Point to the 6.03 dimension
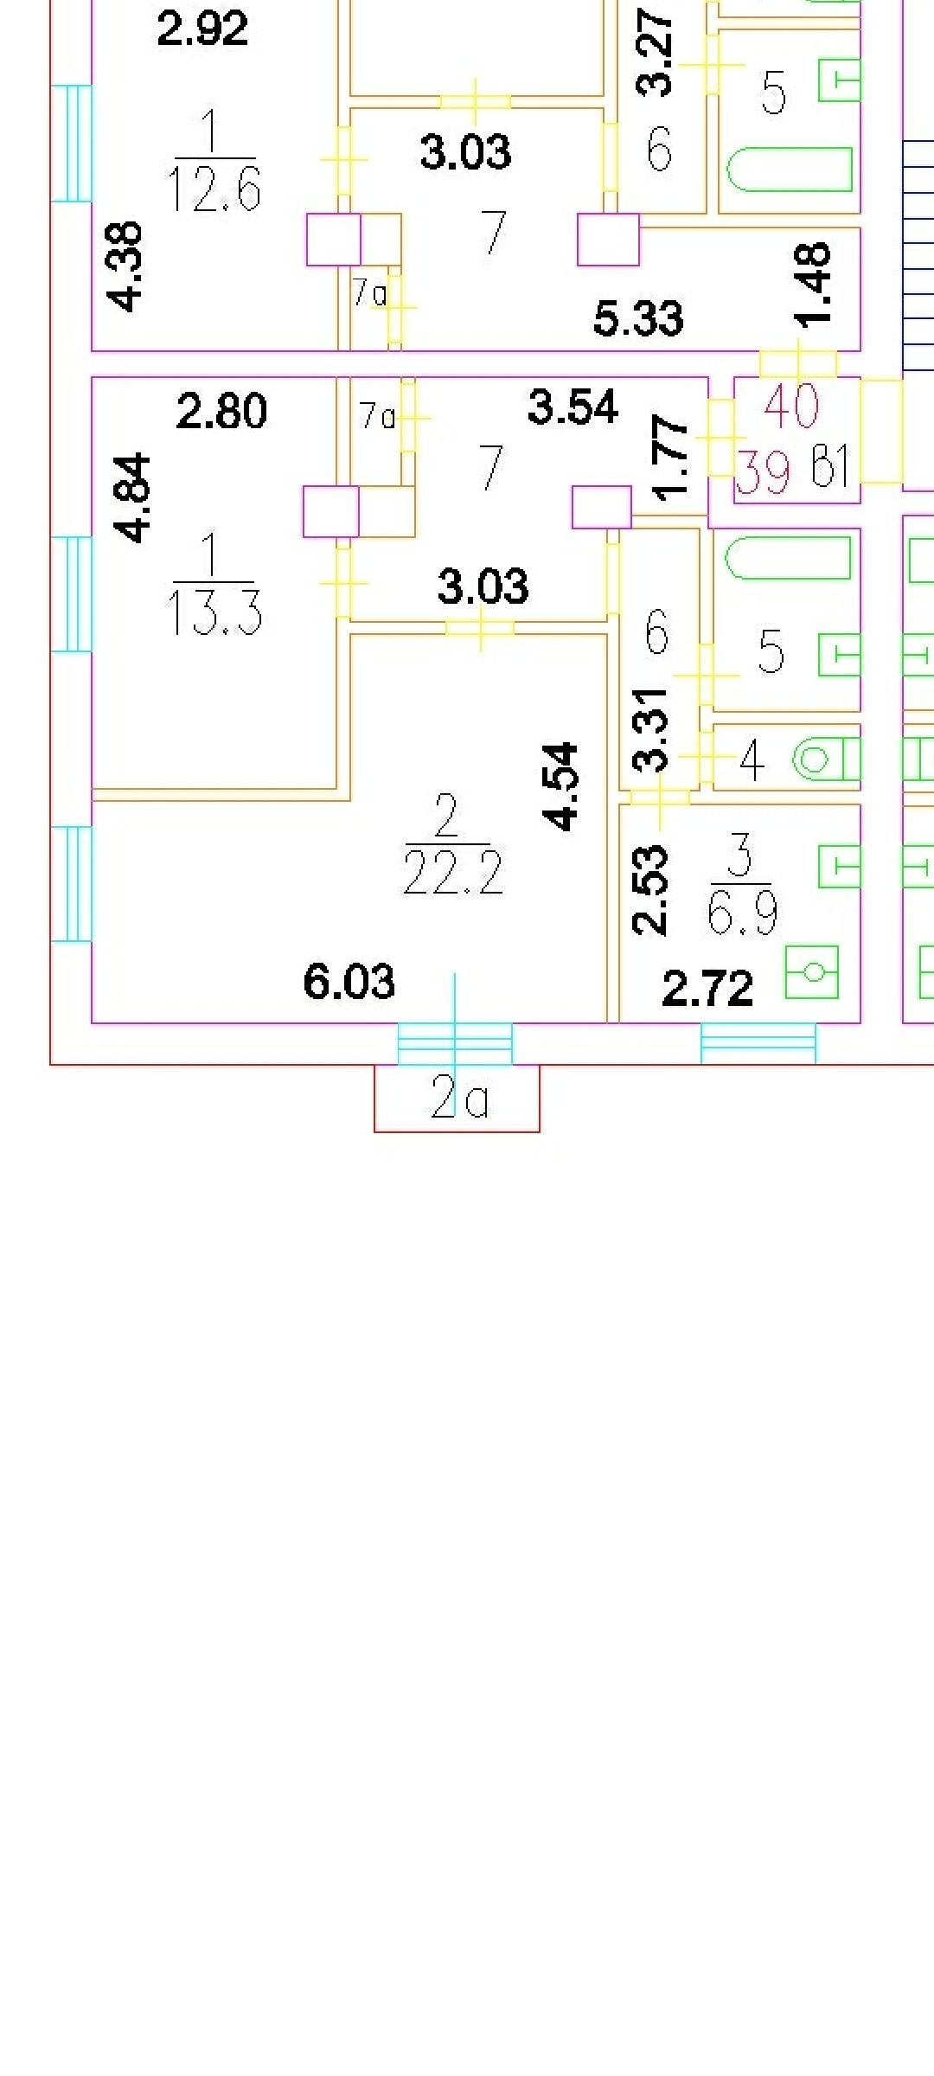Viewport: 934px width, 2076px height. [349, 983]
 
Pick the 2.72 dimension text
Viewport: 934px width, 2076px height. [707, 989]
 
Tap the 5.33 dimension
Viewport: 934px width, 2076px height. [638, 317]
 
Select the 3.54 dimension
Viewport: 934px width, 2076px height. [573, 407]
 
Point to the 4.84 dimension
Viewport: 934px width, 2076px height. [135, 498]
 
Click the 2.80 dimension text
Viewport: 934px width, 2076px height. [221, 411]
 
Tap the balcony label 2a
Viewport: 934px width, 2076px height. [459, 1099]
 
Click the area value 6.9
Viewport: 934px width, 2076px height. [742, 912]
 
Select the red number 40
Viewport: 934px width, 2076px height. [791, 405]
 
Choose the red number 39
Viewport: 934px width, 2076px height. [762, 472]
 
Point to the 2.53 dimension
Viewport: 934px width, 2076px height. [650, 890]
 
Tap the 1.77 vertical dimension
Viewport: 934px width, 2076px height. [672, 458]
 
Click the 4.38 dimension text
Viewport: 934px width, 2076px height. [125, 266]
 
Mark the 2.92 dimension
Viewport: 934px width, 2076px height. [202, 28]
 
